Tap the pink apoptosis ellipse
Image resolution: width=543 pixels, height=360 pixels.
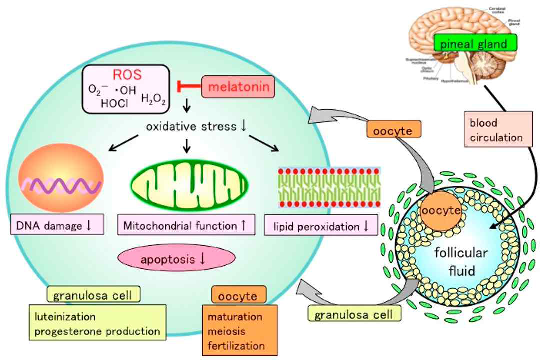coord(176,259)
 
